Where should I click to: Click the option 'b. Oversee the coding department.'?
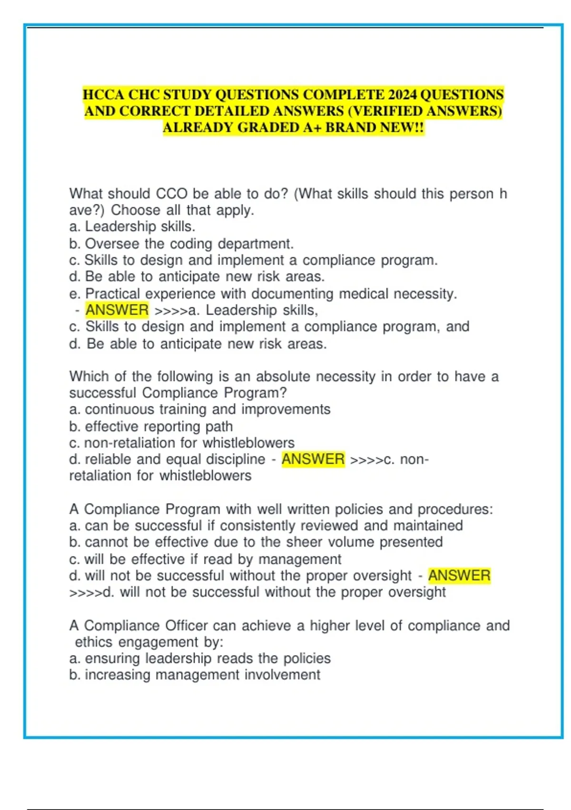coord(181,243)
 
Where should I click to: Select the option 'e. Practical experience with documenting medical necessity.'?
coord(263,294)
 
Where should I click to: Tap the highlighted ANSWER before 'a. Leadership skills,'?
coord(117,310)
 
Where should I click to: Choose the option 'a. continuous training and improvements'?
coord(200,409)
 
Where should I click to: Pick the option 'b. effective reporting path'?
coord(151,426)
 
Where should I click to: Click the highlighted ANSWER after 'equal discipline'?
coord(313,459)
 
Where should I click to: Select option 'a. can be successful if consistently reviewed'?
coord(266,526)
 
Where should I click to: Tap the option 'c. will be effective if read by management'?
coord(205,559)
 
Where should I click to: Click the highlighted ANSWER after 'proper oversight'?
coord(459,575)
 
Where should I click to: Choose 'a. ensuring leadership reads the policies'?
coord(200,658)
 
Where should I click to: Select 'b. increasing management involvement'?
coord(195,675)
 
